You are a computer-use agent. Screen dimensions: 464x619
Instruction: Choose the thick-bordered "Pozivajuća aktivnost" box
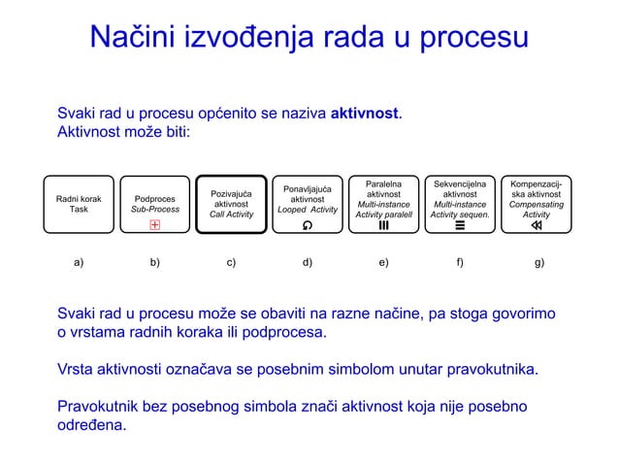click(x=231, y=204)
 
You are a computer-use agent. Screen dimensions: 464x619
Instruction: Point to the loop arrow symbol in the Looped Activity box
click(x=308, y=226)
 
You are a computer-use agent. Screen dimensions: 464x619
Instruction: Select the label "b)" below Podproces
click(x=155, y=261)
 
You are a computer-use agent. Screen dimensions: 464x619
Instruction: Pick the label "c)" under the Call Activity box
click(x=231, y=261)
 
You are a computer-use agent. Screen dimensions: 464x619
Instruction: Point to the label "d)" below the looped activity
click(x=308, y=261)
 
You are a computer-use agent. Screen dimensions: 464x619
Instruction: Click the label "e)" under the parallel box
click(x=384, y=261)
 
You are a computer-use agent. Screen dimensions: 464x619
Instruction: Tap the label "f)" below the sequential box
click(x=460, y=261)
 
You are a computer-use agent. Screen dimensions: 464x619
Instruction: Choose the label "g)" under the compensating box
click(x=539, y=261)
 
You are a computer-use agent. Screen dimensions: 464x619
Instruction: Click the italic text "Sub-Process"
click(x=155, y=209)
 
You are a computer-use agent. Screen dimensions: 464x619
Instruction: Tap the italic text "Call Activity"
click(x=231, y=215)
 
